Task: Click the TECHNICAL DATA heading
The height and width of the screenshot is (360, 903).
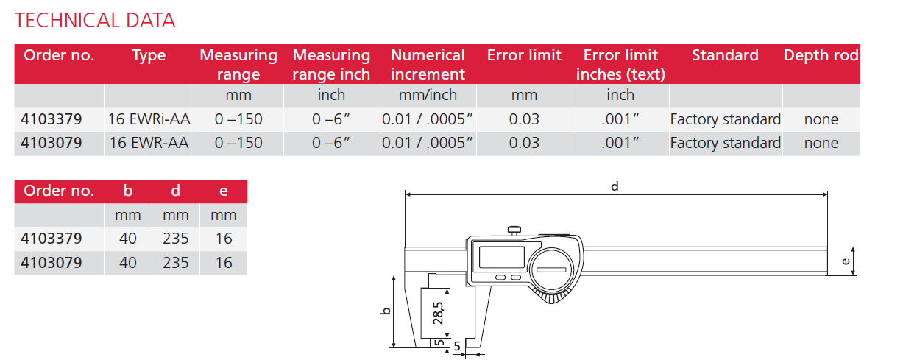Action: [x=95, y=20]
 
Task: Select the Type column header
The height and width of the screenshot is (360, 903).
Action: [x=149, y=56]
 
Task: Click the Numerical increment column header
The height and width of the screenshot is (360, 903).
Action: [x=428, y=65]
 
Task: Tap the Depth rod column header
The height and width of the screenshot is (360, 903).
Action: [x=821, y=56]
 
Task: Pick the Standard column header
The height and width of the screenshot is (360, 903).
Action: [x=725, y=56]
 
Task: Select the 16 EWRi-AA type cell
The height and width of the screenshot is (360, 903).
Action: [x=149, y=119]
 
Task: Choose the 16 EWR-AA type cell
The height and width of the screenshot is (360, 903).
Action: [x=149, y=143]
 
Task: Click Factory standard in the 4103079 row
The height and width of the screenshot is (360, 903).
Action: [x=725, y=143]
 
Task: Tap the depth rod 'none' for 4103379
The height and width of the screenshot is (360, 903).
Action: [x=821, y=119]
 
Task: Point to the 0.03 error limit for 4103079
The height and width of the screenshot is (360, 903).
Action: [x=524, y=143]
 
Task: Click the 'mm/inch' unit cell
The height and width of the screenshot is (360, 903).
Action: [x=428, y=95]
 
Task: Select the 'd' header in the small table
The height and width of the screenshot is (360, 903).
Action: [x=175, y=191]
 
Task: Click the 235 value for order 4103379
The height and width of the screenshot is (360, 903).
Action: [x=175, y=239]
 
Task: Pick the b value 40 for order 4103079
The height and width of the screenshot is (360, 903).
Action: [x=127, y=263]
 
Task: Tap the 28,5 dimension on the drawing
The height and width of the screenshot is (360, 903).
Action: [x=439, y=312]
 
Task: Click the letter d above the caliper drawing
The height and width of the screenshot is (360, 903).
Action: [x=615, y=187]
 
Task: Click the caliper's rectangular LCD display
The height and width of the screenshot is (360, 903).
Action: [x=500, y=257]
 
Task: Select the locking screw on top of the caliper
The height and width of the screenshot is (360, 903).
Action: [x=513, y=230]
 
